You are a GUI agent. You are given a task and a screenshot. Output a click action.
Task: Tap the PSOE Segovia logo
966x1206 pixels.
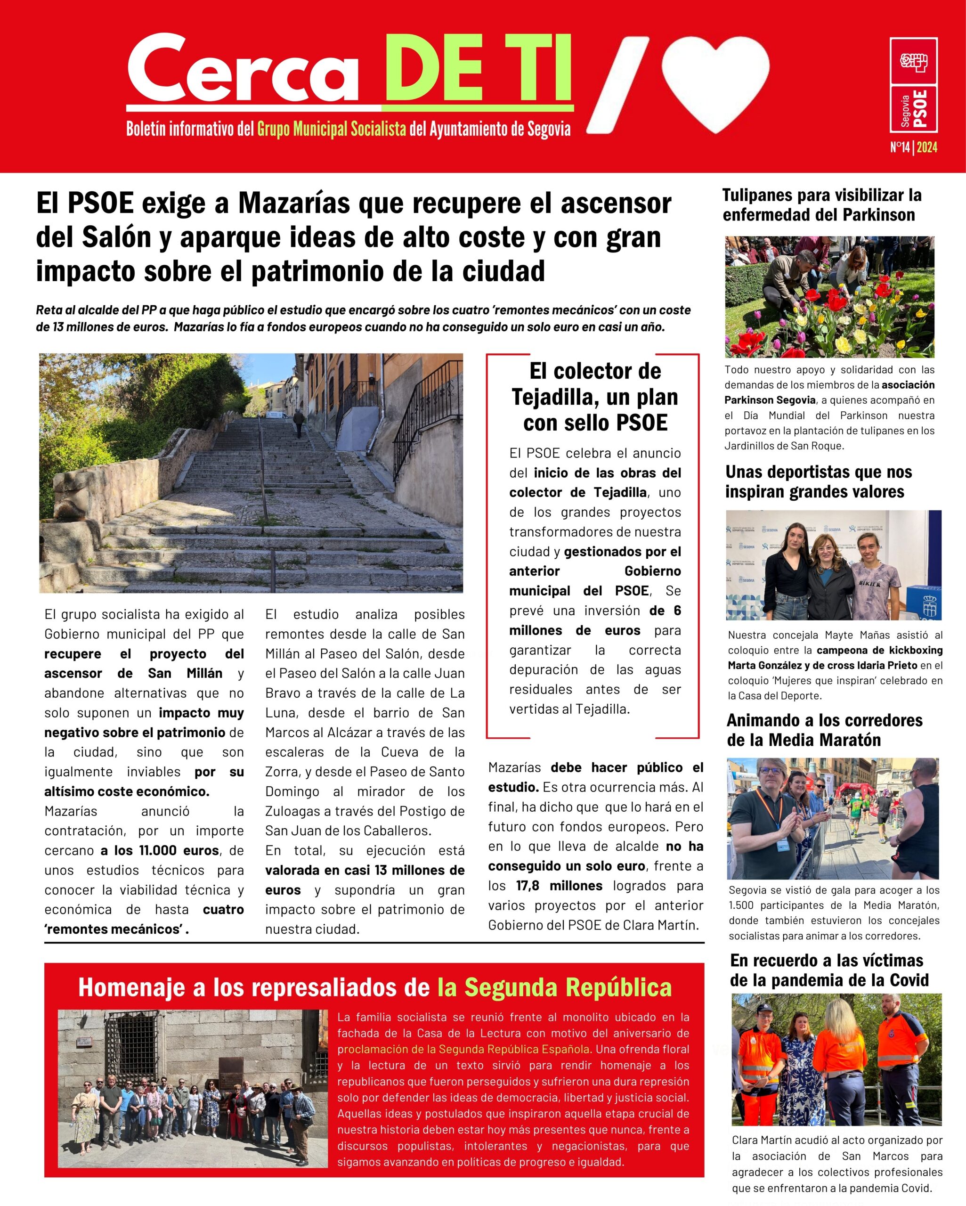coord(913,85)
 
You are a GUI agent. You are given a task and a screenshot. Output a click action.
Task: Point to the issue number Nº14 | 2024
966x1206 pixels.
coord(913,147)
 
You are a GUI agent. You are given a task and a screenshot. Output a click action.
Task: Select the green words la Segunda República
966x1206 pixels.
coord(554,987)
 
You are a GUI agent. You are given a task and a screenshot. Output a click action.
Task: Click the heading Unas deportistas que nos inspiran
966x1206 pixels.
coord(818,481)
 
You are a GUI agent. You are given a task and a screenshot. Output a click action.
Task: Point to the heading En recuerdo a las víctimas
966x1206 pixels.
coord(829,970)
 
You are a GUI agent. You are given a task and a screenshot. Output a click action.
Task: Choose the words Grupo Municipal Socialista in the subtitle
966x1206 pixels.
coord(331,129)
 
